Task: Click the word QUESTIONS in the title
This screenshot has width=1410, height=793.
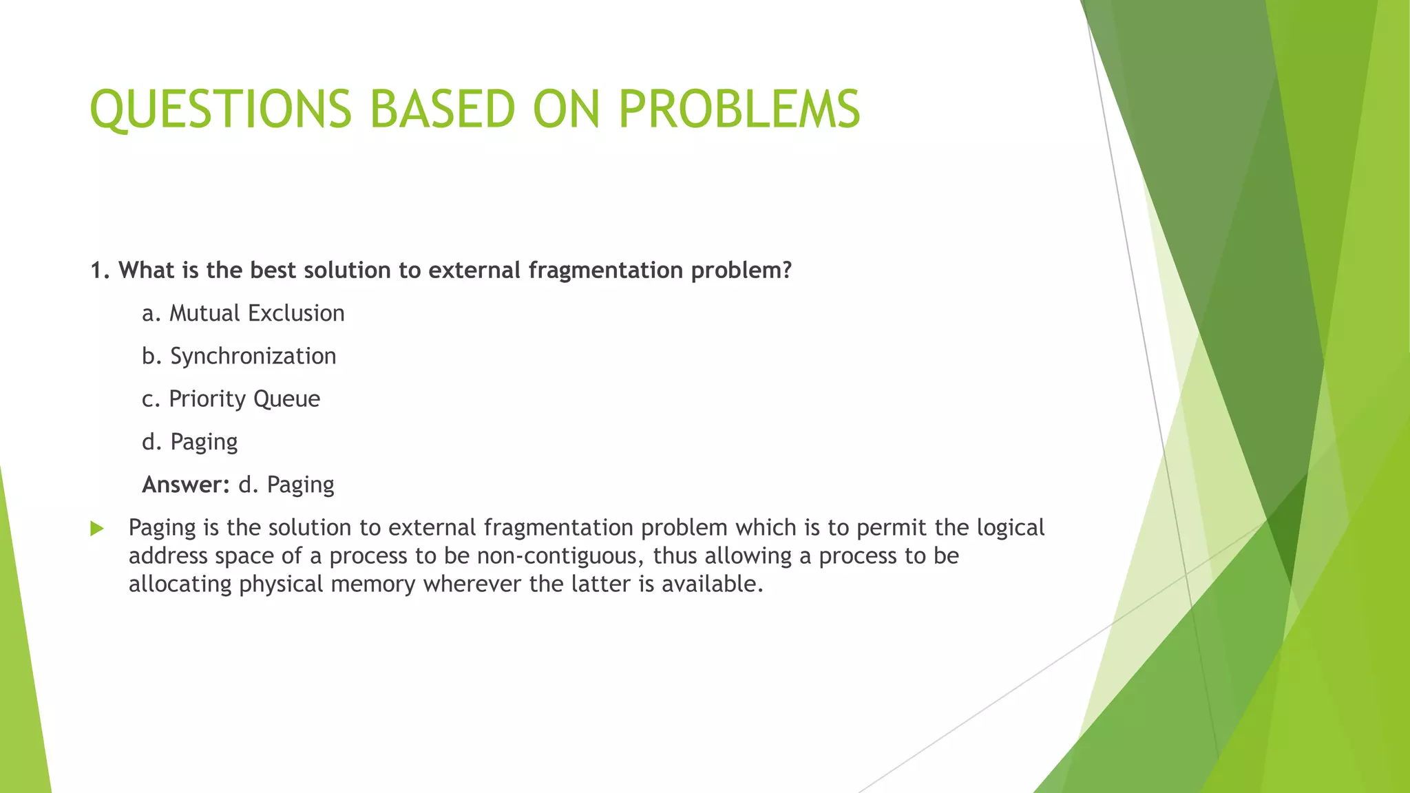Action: [x=220, y=110]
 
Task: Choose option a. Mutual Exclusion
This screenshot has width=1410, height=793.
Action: [x=243, y=313]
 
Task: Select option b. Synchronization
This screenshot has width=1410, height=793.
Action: [x=239, y=356]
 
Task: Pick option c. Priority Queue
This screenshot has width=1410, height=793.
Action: [x=231, y=399]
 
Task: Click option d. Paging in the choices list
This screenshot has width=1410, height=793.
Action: [x=189, y=442]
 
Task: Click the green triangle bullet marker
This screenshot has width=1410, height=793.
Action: [x=97, y=529]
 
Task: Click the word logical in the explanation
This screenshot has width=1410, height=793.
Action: [x=1011, y=528]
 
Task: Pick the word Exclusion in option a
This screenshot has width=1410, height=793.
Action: [x=296, y=313]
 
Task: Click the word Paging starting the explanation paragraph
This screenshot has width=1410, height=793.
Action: [x=162, y=528]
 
